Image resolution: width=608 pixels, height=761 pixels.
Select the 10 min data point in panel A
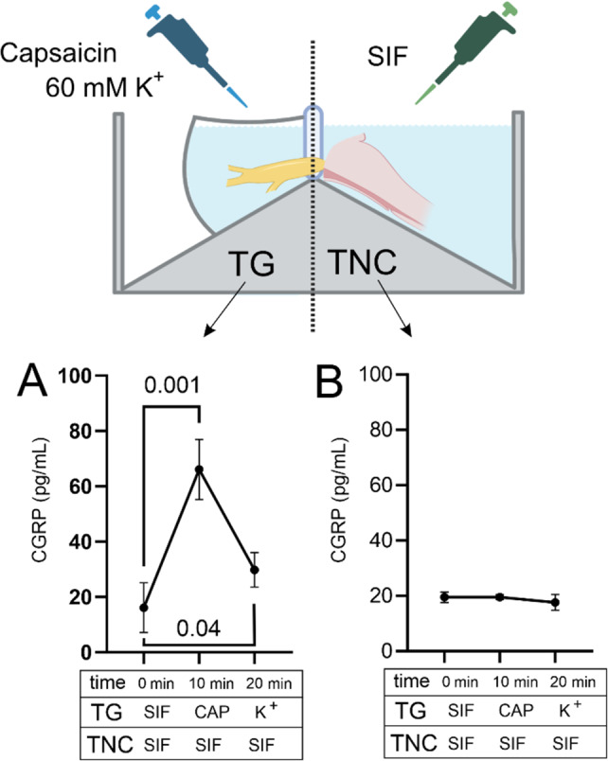[199, 469]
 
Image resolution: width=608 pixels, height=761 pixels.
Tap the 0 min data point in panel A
[144, 608]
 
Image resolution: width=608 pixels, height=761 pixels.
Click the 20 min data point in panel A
[255, 570]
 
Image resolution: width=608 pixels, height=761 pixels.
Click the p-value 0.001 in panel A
[171, 386]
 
